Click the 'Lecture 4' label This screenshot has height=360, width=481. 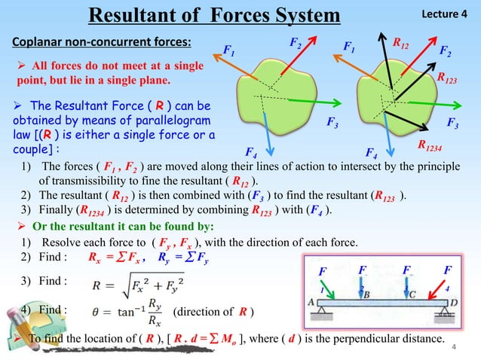[x=448, y=14]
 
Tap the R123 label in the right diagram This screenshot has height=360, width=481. [x=450, y=77]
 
